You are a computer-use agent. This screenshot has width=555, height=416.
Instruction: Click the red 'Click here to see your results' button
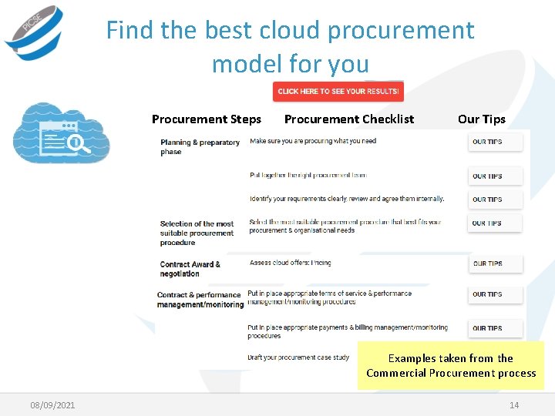[338, 91]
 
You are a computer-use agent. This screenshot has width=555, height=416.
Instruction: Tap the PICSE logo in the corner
[32, 32]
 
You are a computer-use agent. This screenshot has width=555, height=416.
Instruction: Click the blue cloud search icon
[62, 135]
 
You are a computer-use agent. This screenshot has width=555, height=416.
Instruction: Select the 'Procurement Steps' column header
[206, 119]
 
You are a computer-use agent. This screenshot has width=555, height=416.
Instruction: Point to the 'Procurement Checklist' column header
[348, 119]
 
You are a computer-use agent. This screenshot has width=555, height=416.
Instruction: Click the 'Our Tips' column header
[481, 119]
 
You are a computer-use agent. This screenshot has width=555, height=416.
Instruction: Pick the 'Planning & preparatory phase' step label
[200, 146]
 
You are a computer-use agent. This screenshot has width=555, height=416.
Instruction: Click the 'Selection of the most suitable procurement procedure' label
[197, 233]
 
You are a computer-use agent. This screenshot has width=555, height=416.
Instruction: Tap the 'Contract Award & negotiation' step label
[190, 269]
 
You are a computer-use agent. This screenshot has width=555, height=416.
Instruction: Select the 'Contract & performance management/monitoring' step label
[200, 300]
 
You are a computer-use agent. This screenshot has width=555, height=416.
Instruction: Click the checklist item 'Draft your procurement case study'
[298, 357]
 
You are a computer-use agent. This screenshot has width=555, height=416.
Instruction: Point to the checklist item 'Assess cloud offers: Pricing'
[290, 263]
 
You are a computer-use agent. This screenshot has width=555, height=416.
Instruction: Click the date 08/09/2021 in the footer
[52, 405]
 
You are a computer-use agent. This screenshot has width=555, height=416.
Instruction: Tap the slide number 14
[514, 405]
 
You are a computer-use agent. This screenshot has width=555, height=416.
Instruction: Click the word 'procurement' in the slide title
[401, 31]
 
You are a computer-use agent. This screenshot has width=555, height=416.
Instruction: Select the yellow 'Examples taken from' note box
[451, 365]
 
